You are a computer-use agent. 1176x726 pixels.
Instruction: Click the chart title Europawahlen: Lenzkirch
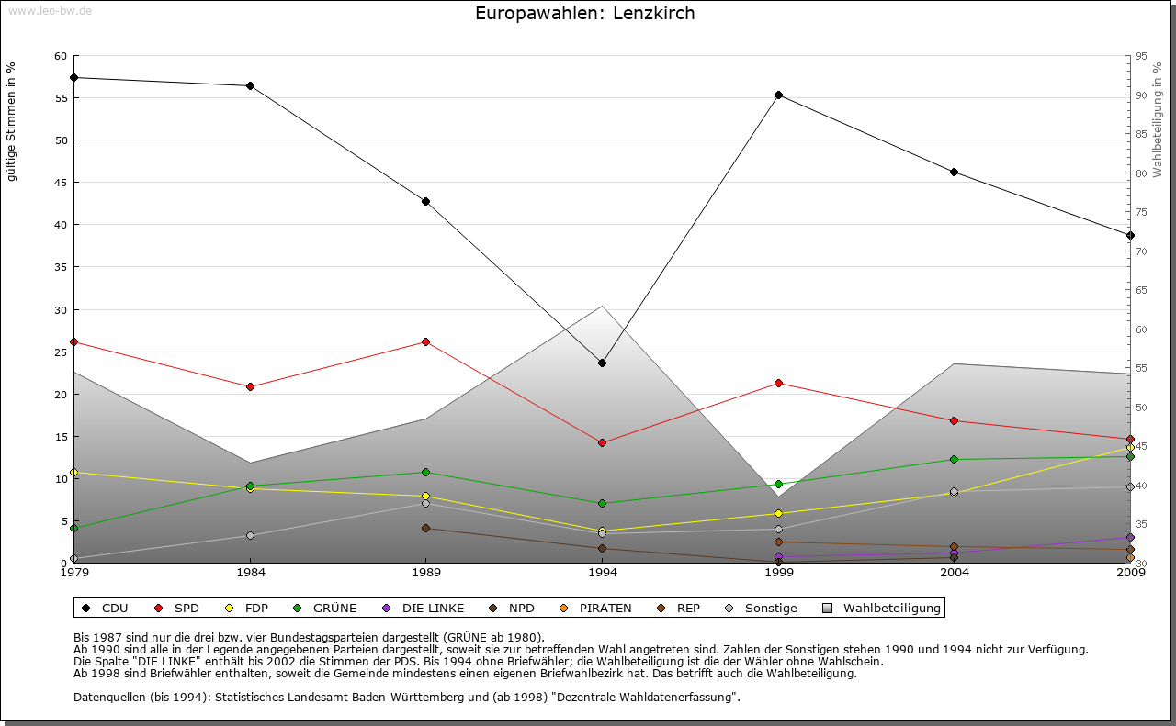click(x=584, y=14)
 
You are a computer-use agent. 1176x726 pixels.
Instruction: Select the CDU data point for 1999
click(x=778, y=95)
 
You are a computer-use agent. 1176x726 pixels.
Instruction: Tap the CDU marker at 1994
click(x=602, y=363)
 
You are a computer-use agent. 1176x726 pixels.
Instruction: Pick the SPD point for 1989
click(x=425, y=341)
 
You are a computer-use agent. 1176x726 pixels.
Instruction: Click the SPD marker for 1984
click(x=250, y=386)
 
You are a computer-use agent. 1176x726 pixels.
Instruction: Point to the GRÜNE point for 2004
click(x=954, y=459)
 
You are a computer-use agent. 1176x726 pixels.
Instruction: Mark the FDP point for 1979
click(x=73, y=472)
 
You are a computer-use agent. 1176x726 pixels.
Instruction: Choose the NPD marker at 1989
click(x=425, y=528)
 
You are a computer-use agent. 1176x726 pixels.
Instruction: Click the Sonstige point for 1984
click(x=250, y=535)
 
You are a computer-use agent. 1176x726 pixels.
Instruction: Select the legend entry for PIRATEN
click(x=596, y=608)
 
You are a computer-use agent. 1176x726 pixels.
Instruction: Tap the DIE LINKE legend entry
click(x=424, y=608)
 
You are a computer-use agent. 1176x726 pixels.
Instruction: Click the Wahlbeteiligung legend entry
click(x=882, y=608)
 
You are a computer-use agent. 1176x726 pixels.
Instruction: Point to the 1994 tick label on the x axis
click(x=602, y=573)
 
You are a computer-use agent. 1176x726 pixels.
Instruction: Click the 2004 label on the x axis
click(x=954, y=573)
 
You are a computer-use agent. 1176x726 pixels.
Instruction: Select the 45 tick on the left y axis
click(x=61, y=183)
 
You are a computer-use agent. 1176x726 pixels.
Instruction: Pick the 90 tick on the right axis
click(x=1140, y=95)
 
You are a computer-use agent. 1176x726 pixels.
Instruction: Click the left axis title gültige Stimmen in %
click(x=12, y=122)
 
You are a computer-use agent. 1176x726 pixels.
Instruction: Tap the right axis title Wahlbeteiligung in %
click(x=1157, y=119)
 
